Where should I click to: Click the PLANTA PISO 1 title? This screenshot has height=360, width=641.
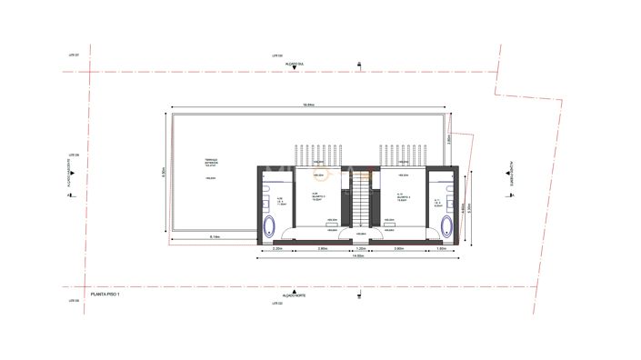coord(109,294)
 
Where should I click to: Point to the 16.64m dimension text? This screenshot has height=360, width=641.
coord(309,105)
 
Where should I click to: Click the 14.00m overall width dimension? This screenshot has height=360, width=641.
coord(359,256)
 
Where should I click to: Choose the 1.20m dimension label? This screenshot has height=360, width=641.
coord(360,247)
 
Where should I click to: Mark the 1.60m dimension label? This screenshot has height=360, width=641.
coord(441,247)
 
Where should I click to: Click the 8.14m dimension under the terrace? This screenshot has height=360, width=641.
coord(215,236)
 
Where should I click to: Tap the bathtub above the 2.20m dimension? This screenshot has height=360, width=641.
coord(269,225)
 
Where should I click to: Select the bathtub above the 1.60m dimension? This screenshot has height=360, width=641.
coord(446,225)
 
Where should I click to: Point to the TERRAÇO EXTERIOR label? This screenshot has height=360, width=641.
coord(210,163)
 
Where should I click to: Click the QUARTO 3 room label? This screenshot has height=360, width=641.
coord(317,197)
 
